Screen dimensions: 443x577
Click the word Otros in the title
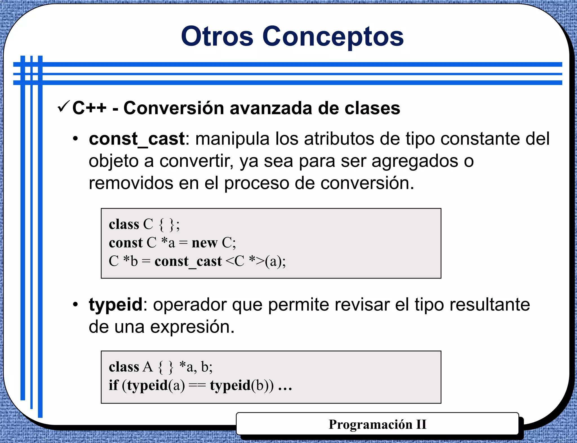point(217,37)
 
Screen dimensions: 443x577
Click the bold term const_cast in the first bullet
point(137,139)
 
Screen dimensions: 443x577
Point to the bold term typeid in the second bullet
point(116,305)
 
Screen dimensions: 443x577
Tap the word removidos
point(131,183)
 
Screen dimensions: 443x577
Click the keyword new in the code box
point(205,243)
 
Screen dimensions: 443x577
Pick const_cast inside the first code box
point(188,261)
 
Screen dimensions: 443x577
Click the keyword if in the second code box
point(113,385)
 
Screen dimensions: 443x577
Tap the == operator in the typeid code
point(197,385)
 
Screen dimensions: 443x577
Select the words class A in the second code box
point(131,367)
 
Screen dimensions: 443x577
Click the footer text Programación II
point(377,424)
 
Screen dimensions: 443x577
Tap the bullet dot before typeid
point(75,305)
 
